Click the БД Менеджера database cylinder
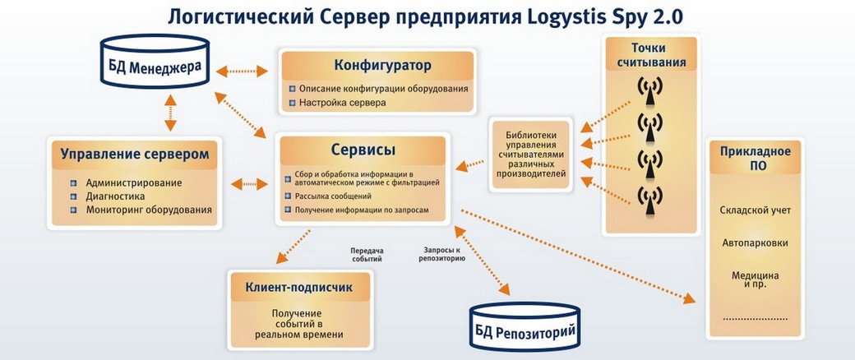pos(155,60)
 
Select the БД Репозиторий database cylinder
pos(525,325)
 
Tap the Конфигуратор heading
pos(382,66)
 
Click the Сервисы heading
pos(363,150)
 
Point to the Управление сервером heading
pos(135,154)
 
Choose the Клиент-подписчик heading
pos(298,287)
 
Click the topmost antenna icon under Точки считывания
pos(650,90)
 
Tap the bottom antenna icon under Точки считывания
pos(650,201)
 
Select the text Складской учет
pos(755,210)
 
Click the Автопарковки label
pos(755,242)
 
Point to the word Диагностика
pos(115,196)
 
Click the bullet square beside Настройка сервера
pos(293,102)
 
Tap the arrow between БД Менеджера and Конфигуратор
pos(242,72)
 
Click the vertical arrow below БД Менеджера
pos(171,113)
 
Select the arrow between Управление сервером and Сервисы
pos(249,184)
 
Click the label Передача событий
pos(366,255)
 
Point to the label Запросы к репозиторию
pos(442,255)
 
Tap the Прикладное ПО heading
pos(755,158)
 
